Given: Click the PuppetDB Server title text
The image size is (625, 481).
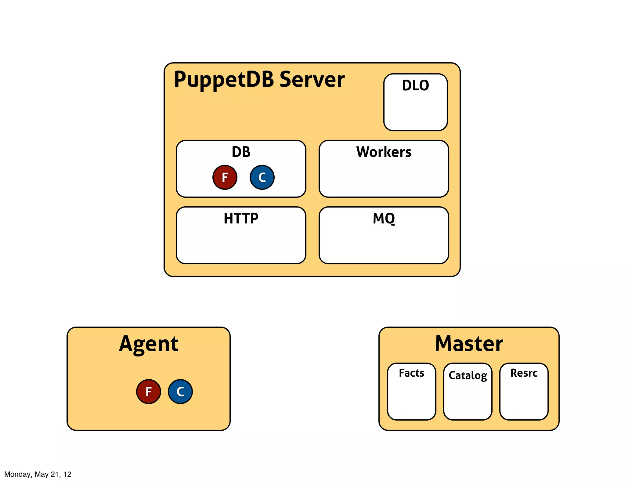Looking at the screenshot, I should pyautogui.click(x=259, y=79).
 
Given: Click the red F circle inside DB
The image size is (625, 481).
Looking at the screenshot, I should pyautogui.click(x=225, y=177).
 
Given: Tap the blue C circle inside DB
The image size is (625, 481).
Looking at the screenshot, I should pyautogui.click(x=262, y=177).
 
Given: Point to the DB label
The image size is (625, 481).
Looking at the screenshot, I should pyautogui.click(x=241, y=152).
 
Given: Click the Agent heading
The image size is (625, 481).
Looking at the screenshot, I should pyautogui.click(x=149, y=344).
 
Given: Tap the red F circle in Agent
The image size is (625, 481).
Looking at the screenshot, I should pyautogui.click(x=149, y=392).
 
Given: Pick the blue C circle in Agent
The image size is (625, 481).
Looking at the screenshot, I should pyautogui.click(x=180, y=392).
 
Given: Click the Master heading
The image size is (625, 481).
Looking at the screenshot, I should pyautogui.click(x=469, y=344).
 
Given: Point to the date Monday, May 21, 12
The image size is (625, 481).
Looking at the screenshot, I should pyautogui.click(x=38, y=474).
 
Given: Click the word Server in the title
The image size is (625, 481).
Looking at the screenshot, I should pyautogui.click(x=312, y=79).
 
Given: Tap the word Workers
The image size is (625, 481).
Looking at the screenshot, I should pyautogui.click(x=384, y=152).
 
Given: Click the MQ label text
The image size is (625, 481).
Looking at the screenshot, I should pyautogui.click(x=384, y=219).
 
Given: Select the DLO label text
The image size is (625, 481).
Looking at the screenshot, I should pyautogui.click(x=415, y=85).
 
